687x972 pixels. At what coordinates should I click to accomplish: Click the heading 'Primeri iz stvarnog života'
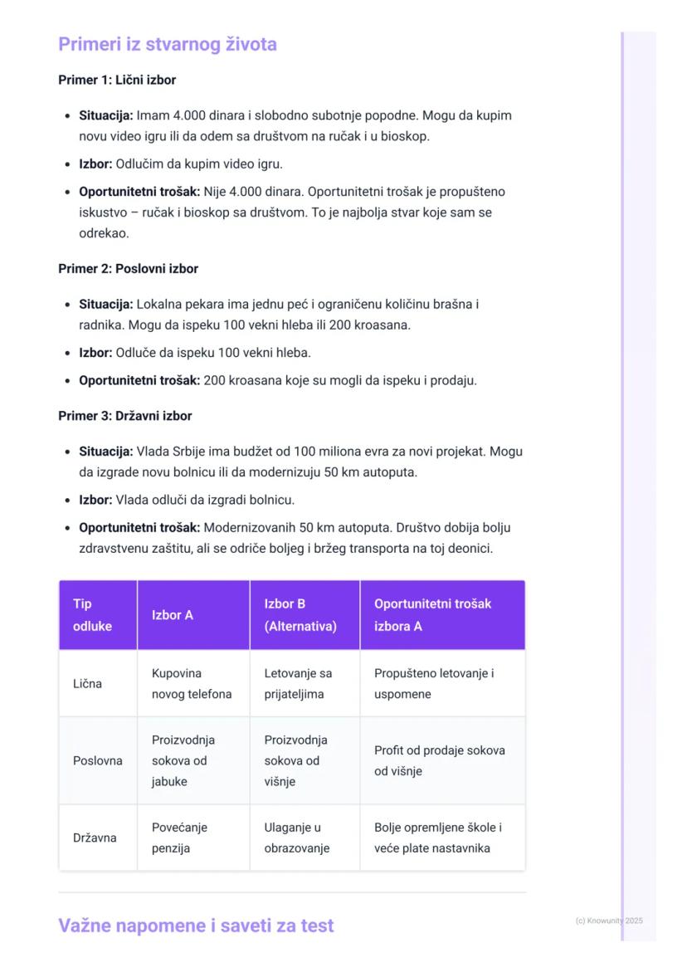point(167,44)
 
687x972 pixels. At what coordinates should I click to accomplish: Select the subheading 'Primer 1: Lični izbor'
point(117,81)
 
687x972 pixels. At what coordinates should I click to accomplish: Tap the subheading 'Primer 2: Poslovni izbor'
point(128,269)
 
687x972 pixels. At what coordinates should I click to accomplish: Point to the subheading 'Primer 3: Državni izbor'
point(124,416)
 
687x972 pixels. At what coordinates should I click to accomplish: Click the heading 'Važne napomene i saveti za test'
point(196,926)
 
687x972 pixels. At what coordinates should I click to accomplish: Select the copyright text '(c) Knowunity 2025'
point(608,921)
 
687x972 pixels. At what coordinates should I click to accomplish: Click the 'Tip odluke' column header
point(92,615)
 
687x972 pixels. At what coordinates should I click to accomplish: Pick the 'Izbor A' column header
point(173,615)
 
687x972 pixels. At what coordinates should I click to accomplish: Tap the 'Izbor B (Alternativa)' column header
point(300,615)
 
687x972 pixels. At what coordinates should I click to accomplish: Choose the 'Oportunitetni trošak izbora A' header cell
point(432,615)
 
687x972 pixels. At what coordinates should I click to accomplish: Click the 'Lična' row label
point(87,684)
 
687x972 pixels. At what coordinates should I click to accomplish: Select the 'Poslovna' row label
point(97,760)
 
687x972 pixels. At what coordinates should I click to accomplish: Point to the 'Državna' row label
point(95,838)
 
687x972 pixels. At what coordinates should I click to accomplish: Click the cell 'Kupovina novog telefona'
point(192,684)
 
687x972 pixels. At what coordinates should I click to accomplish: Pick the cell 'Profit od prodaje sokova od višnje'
point(439,760)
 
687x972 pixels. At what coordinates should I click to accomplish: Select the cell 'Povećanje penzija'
point(179,838)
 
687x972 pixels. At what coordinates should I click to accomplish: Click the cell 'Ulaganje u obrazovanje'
point(297,838)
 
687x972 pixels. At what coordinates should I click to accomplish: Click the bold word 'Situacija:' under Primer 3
point(105,452)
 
